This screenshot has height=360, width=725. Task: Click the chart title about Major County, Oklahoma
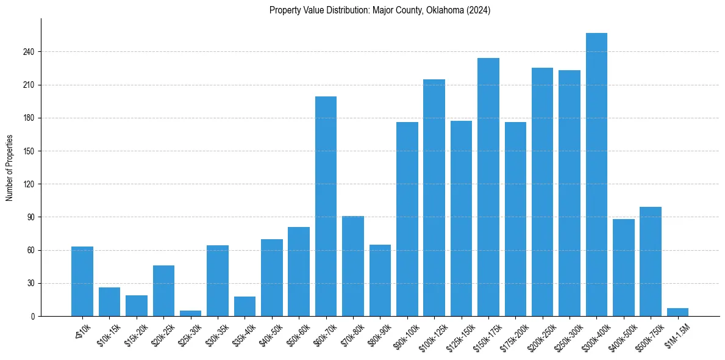point(380,10)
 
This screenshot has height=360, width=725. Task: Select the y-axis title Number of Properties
point(10,167)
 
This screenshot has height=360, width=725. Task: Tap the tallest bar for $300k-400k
point(596,175)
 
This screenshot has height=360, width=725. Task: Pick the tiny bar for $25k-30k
point(190,313)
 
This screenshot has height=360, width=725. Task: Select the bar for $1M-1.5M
point(677,312)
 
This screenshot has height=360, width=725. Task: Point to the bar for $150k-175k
point(488,187)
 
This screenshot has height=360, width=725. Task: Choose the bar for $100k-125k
point(434,198)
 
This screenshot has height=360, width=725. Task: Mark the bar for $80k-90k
point(380,280)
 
